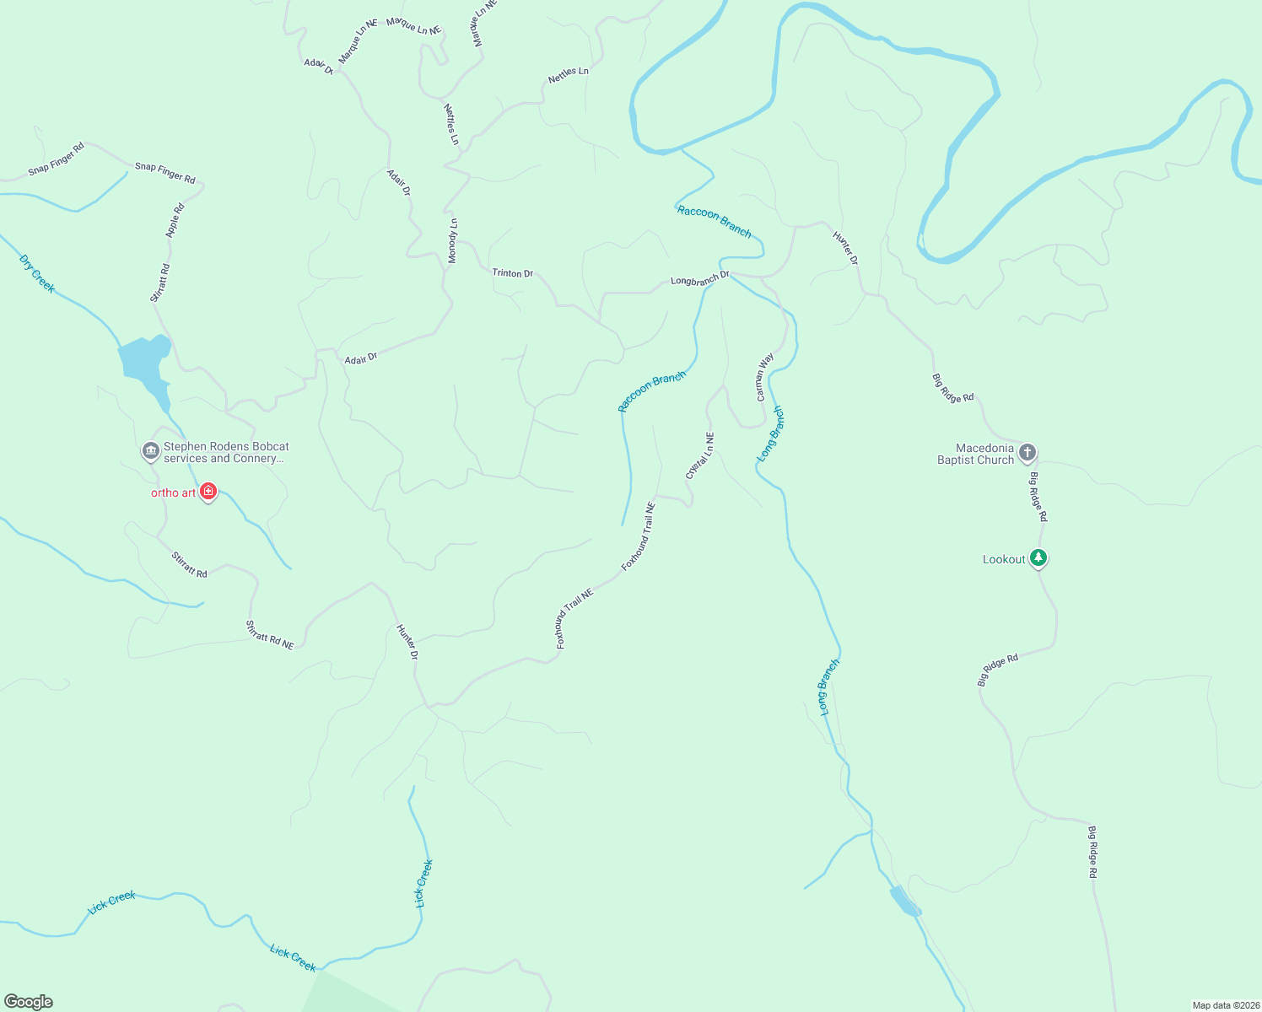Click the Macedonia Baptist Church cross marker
point(1027,453)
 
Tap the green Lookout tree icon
point(1038,558)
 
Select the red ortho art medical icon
point(208,492)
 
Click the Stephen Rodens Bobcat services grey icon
point(151,451)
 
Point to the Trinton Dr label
point(512,273)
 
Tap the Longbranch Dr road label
point(699,279)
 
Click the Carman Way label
point(764,377)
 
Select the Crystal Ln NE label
point(700,456)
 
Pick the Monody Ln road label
point(453,241)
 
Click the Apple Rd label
point(175,221)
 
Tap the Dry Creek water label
point(37,274)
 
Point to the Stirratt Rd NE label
point(269,634)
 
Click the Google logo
point(29,1002)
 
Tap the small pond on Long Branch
point(905,902)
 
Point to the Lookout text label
point(1004,559)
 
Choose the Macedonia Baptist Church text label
point(975,455)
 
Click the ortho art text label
point(173,493)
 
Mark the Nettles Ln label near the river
point(568,75)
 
